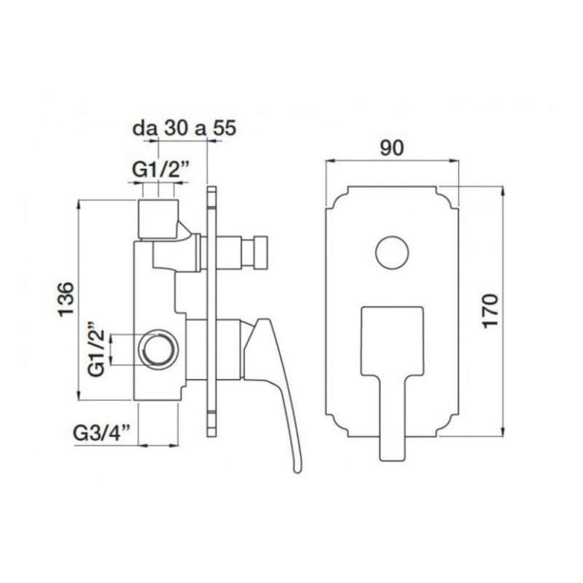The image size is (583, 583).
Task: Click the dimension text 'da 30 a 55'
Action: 184,129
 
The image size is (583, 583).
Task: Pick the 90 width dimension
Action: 391,149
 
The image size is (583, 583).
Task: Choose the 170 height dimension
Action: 490,311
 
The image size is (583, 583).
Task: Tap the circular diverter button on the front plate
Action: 392,253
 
